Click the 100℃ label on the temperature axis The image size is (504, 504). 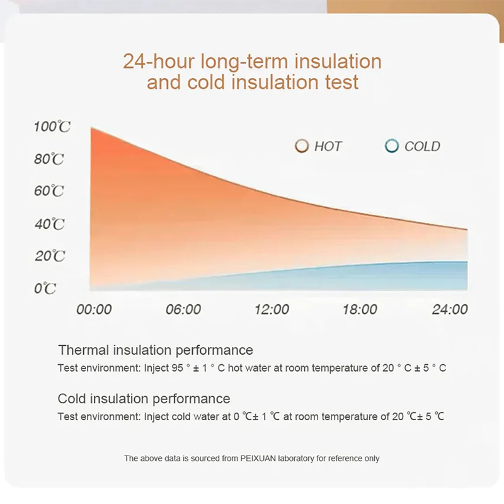(52, 127)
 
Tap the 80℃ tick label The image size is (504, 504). (49, 159)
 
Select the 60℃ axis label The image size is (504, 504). (49, 191)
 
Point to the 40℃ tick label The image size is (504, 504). (49, 224)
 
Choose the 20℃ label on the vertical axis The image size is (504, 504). (49, 256)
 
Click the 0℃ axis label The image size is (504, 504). (45, 289)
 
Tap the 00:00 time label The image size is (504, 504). (94, 309)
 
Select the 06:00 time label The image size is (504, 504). (183, 309)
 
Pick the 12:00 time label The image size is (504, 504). (272, 309)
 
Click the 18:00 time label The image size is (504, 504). (360, 309)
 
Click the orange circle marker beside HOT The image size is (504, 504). (302, 146)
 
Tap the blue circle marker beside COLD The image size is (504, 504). (392, 146)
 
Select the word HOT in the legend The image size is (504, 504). (328, 146)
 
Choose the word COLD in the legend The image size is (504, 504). (422, 146)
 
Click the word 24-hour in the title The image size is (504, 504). (159, 62)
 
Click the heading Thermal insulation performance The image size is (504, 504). (156, 350)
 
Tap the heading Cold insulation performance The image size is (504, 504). (144, 399)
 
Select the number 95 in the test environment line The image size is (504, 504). (177, 368)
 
